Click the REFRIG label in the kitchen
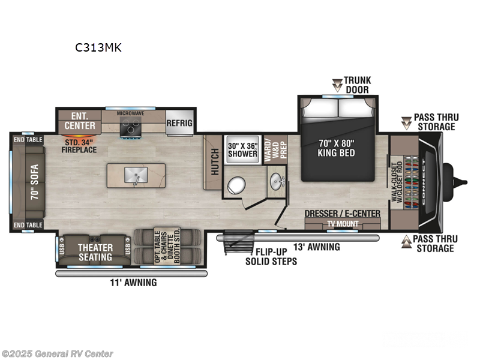click(179, 123)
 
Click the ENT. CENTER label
click(80, 121)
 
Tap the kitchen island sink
click(135, 175)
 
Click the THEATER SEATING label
click(95, 253)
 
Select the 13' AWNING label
click(316, 247)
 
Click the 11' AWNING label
click(133, 282)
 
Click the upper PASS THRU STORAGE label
click(434, 122)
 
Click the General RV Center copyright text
click(57, 353)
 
